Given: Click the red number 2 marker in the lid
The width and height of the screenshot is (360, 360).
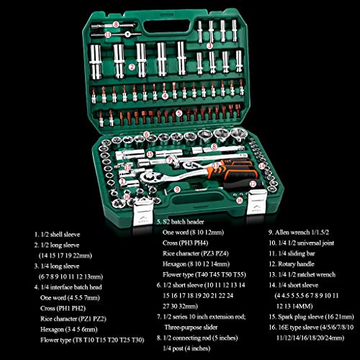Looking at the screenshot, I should pyautogui.click(x=132, y=66).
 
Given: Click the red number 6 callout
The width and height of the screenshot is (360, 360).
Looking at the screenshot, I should pyautogui.click(x=146, y=134).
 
